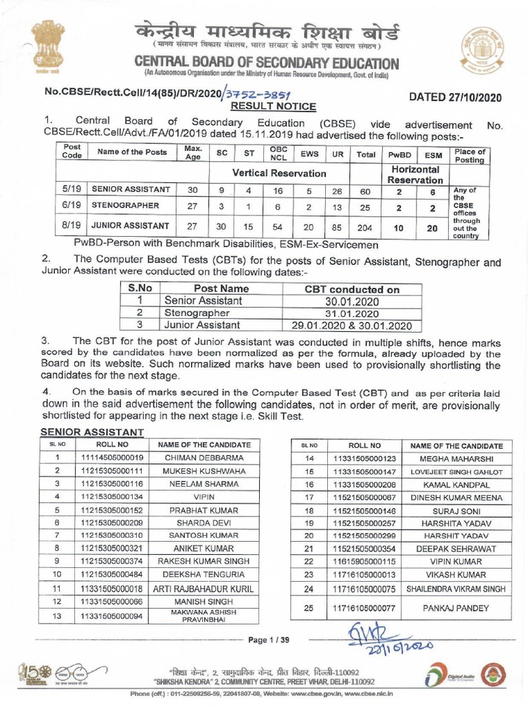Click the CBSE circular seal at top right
point(481,47)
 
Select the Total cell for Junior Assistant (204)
point(366,225)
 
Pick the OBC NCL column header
point(278,153)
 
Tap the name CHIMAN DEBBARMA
point(204,457)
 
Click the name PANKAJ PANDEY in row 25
point(456,608)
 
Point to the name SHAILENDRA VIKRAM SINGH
point(456,589)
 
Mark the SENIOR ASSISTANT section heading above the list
point(92,432)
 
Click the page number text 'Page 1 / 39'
point(269,640)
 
